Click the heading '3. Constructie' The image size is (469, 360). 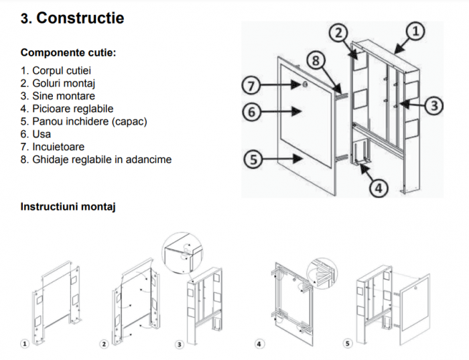coord(72,18)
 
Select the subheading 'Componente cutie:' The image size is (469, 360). coord(68,52)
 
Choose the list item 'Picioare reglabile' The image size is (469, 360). coord(67,109)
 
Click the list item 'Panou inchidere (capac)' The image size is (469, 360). coord(84,121)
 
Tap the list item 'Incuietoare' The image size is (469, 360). coord(52,147)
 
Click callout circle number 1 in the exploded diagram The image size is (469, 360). coord(415,30)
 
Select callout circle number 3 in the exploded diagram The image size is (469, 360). coord(434,105)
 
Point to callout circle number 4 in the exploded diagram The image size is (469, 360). coord(379,188)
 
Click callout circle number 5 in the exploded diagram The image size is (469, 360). coord(251,160)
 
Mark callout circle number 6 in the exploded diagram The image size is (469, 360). coord(251,112)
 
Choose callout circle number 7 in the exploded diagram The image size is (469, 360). coord(250,86)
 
